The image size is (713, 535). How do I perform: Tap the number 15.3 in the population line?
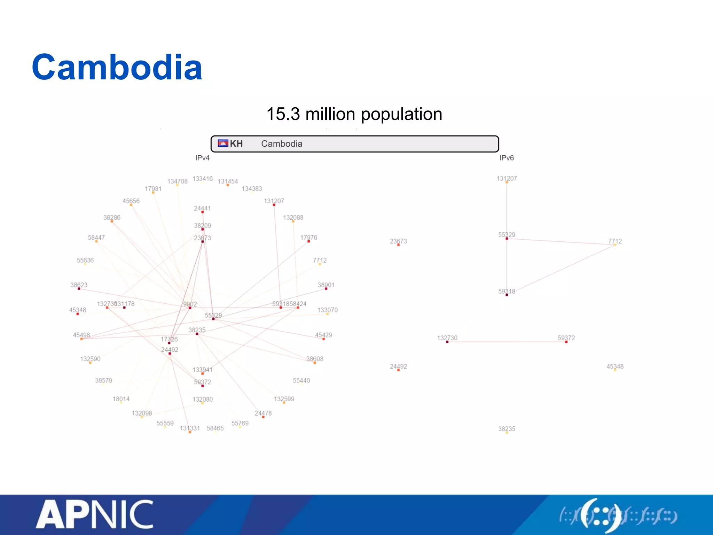pos(283,114)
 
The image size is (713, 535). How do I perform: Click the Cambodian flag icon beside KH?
pos(223,144)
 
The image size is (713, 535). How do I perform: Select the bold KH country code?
pos(236,144)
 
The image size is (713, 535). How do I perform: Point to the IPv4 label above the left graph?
pos(202,158)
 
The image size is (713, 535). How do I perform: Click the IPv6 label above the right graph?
pos(507,158)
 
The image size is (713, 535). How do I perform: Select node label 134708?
pos(177,181)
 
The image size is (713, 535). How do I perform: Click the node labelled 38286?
pos(112,218)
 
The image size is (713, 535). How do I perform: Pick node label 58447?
pos(96,238)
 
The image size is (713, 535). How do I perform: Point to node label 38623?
pos(79,285)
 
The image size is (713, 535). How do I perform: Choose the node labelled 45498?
pos(81,335)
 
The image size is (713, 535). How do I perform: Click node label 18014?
pos(121,399)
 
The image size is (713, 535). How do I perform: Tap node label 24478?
pos(263,413)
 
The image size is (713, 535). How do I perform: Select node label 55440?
pos(301,381)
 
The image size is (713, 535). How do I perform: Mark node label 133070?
pos(327,310)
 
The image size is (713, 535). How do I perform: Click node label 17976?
pos(309,238)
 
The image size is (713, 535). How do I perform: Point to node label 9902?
pos(190,304)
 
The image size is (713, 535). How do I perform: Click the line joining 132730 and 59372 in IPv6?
pos(507,342)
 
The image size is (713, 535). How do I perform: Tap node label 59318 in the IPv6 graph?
pos(507,292)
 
